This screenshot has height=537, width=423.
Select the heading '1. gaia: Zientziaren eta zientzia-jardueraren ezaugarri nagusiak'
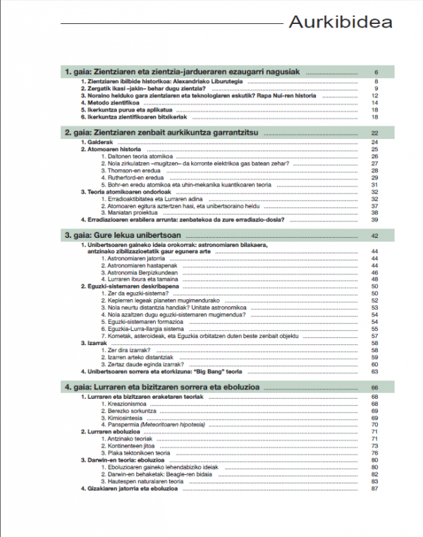[183, 72]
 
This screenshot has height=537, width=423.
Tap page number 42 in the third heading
[375, 236]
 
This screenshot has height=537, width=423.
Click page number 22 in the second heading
[375, 133]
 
